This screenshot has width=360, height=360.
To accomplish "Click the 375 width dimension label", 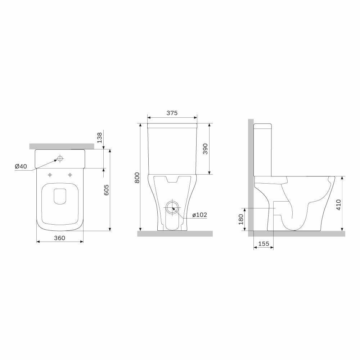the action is (172, 113).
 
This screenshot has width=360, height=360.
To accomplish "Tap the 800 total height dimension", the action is (137, 177).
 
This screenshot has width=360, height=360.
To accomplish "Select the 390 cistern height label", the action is (205, 149).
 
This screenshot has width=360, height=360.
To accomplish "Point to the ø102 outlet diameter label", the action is (199, 215).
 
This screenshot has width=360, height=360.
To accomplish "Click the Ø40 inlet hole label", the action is (21, 166).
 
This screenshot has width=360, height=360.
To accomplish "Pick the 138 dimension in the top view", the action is (99, 138).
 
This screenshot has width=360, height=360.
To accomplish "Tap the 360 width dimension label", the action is (59, 238).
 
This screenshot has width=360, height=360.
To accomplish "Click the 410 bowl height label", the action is (339, 204).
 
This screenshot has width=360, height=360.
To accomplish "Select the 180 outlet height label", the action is (241, 219).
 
